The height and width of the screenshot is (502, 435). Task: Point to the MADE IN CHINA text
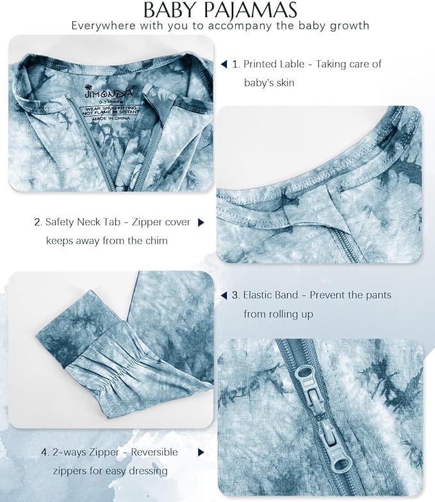(x=111, y=118)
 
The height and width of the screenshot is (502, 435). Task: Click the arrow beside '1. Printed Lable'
(x=224, y=64)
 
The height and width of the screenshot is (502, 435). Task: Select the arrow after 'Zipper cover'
(x=201, y=222)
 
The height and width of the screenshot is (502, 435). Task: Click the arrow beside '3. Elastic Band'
(x=224, y=295)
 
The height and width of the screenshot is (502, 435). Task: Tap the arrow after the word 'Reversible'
(x=201, y=452)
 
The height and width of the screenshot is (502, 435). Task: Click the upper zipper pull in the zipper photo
(x=308, y=388)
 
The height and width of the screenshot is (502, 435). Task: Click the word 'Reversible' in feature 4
(x=154, y=452)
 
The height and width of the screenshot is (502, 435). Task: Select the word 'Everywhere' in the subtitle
(x=104, y=26)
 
